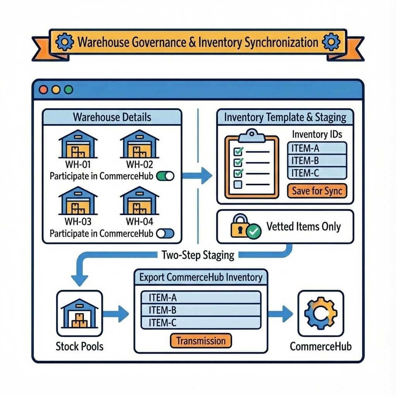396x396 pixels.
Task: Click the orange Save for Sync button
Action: [317, 191]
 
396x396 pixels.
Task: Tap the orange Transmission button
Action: [201, 341]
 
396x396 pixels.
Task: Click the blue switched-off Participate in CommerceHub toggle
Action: [165, 234]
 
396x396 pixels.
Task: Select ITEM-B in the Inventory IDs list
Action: [317, 160]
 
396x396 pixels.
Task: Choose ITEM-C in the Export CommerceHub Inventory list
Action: [201, 323]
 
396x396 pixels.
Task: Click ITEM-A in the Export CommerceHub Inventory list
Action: [201, 297]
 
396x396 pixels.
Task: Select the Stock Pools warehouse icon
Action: [80, 313]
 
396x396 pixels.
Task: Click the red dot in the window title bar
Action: [44, 90]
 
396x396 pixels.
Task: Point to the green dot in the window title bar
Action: [68, 90]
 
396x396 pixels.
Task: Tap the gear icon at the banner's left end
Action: [64, 42]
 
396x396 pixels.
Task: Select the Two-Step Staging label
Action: [198, 255]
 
